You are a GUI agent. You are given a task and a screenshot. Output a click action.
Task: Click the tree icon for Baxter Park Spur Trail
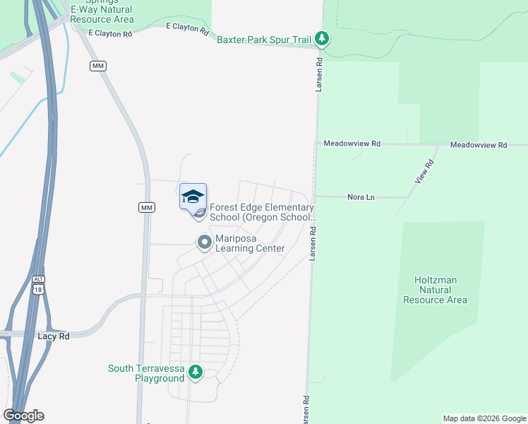coord(322,38)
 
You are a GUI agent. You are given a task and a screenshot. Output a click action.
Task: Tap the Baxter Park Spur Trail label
coord(264,40)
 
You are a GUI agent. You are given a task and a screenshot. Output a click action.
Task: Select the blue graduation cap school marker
coord(193,196)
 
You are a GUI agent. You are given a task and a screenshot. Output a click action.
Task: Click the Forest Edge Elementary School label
coord(261,212)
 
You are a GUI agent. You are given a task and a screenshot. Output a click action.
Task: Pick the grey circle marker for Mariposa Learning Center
coord(205,243)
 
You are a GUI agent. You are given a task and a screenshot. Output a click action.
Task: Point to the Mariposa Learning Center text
coord(250,243)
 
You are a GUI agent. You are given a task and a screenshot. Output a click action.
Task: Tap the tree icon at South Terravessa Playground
coord(196,371)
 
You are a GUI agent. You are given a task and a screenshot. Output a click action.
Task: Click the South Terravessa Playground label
coord(146,373)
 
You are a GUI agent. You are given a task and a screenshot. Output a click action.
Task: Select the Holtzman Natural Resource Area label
coord(435,290)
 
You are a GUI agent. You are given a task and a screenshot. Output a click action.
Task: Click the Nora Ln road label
coord(361,197)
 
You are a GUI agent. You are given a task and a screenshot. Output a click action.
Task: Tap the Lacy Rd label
coord(54,336)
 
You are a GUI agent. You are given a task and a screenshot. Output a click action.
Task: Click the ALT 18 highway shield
coord(38,285)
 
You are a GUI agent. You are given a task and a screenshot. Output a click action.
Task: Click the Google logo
coord(23,416)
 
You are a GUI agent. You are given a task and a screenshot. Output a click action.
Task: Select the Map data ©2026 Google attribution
coord(484,418)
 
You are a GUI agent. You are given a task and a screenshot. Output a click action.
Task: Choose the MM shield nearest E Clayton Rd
coord(97,66)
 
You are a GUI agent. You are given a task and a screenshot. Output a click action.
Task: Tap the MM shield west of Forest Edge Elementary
coord(146,207)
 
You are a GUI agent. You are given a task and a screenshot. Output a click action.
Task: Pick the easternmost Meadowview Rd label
coord(479,145)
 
